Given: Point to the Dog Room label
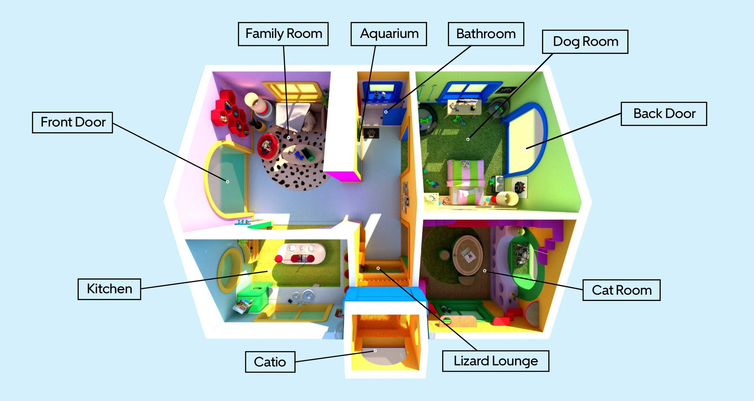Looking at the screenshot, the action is pos(585,42).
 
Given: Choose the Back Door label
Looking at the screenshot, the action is pos(664,114).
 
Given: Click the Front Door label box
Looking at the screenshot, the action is pos(72,122).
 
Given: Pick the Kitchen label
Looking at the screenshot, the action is pos(109,289).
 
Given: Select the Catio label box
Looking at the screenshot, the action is pos(270,362).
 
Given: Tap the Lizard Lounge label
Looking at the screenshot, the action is pos(496,361).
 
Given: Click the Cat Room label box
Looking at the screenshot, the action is pos(621,290).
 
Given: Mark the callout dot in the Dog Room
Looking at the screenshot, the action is pos(468,139).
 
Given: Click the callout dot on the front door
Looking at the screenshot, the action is pos(227,182).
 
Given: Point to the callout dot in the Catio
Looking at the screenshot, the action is pos(375,351).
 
